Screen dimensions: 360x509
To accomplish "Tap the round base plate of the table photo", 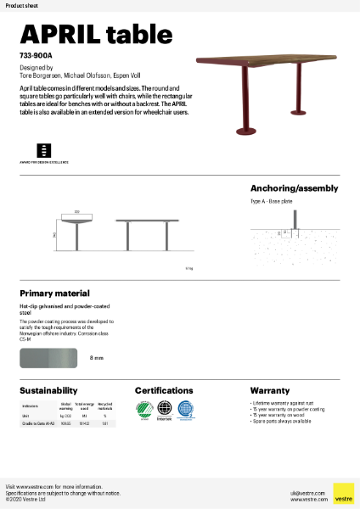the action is (248, 131).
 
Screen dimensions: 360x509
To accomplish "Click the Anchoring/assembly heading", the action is (294, 188).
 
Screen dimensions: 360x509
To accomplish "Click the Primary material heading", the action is (54, 293).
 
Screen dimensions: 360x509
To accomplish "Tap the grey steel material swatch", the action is (49, 359).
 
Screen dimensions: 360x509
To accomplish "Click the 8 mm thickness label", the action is (97, 359).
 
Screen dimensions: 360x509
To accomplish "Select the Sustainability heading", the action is (48, 390).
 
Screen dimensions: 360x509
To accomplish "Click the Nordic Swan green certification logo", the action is (143, 409).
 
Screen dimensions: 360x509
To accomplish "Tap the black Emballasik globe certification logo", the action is (165, 409).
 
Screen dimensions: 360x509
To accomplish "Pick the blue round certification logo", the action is (186, 409).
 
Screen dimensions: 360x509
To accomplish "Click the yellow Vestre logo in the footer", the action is (343, 493).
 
